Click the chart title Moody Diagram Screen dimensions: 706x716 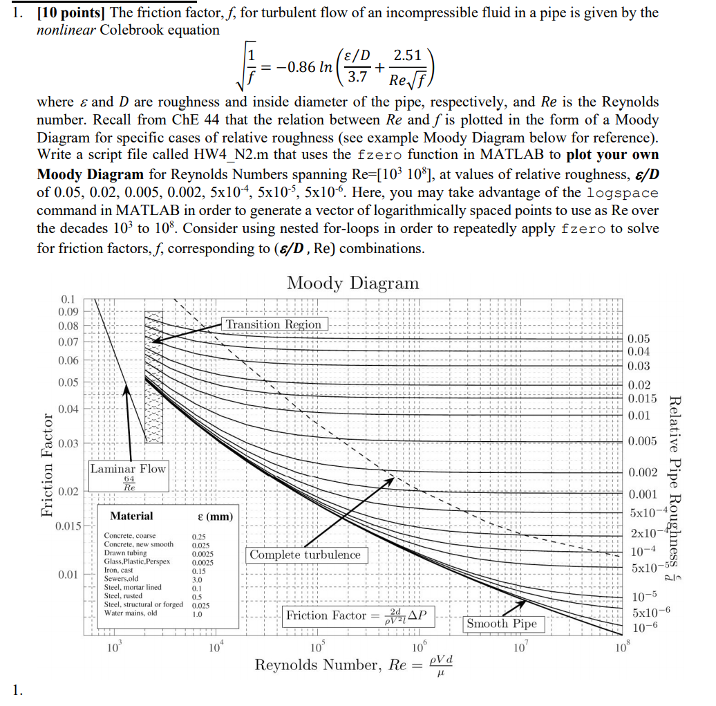tap(352, 284)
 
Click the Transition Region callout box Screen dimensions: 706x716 tap(274, 324)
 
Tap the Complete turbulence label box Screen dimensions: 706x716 tap(305, 555)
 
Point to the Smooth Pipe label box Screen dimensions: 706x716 tap(501, 623)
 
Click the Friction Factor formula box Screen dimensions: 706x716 tap(357, 615)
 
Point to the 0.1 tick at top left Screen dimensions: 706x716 tap(68, 299)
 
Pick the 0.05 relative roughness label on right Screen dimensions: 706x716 tap(639, 339)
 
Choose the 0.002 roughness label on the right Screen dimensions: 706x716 tap(642, 472)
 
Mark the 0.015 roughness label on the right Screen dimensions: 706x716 tap(642, 398)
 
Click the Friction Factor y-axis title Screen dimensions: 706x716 tap(47, 465)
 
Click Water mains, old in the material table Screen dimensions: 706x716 tap(131, 613)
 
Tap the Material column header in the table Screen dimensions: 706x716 tap(131, 516)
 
